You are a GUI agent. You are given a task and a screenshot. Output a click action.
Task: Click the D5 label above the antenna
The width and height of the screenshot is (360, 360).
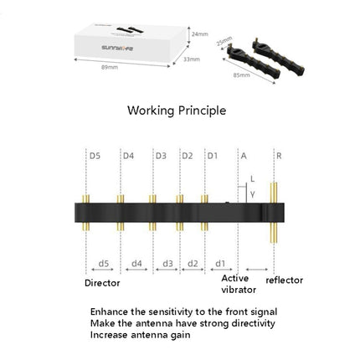point(95,156)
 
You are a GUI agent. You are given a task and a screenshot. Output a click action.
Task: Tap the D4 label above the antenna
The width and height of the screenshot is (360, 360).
point(128,156)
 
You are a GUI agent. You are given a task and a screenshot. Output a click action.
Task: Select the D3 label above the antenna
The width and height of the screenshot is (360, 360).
point(161,156)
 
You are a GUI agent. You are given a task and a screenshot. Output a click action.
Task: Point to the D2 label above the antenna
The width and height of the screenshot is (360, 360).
point(188,156)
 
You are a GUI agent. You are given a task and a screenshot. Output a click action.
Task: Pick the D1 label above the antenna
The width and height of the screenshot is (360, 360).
point(213,156)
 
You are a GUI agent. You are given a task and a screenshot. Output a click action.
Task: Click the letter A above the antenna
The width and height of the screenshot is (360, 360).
point(244,156)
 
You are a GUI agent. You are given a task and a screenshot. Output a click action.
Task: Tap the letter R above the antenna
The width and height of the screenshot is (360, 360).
point(278,156)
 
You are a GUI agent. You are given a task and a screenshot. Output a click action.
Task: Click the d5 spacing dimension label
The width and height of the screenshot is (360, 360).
point(103,263)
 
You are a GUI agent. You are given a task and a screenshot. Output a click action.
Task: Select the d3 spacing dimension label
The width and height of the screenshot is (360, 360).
point(167,263)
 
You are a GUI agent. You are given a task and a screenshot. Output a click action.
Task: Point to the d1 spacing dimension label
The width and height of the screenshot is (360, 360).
point(219,263)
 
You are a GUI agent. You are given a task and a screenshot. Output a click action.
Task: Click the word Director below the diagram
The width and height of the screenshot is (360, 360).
point(102,282)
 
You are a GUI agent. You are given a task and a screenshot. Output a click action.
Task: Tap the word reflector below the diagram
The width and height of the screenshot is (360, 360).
point(284,280)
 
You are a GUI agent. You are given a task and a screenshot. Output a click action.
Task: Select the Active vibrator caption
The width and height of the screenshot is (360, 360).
point(239,283)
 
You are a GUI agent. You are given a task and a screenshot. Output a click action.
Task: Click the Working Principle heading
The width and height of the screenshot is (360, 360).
point(176,110)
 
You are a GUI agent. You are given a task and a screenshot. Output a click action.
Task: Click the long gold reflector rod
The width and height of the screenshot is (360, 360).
point(273,209)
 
